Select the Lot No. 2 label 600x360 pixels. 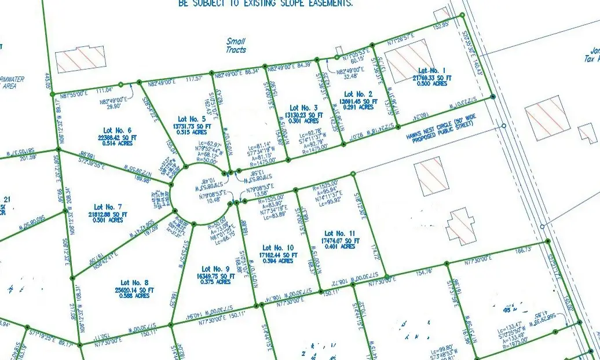[x=357, y=94]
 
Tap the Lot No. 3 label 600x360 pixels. [x=303, y=108]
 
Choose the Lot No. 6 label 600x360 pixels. [x=117, y=130]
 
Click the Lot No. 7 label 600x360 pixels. [x=108, y=207]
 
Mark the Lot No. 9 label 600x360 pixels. [x=215, y=269]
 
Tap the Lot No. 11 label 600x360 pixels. [x=339, y=233]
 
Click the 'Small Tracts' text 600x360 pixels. [x=236, y=46]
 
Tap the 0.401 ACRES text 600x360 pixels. [x=341, y=247]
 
